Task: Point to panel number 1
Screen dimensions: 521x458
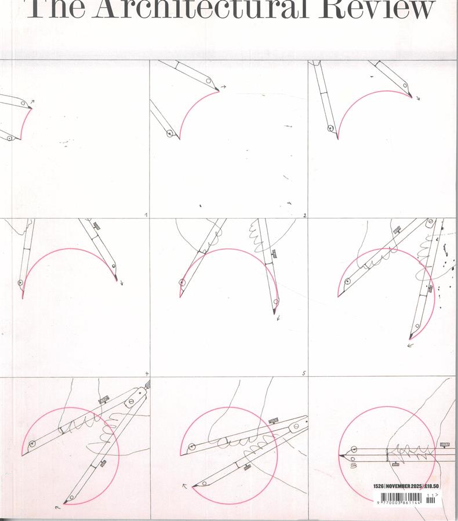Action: click(x=146, y=215)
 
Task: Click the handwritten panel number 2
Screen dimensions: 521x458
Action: click(x=304, y=215)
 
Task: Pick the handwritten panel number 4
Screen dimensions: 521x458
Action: click(x=146, y=373)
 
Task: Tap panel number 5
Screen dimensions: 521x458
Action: click(x=304, y=373)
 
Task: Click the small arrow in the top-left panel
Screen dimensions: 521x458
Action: click(x=32, y=102)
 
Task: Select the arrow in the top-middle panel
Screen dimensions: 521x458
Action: click(x=223, y=86)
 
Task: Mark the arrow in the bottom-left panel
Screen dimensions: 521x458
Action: click(x=57, y=507)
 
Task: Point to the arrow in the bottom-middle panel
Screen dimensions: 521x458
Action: click(x=185, y=486)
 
